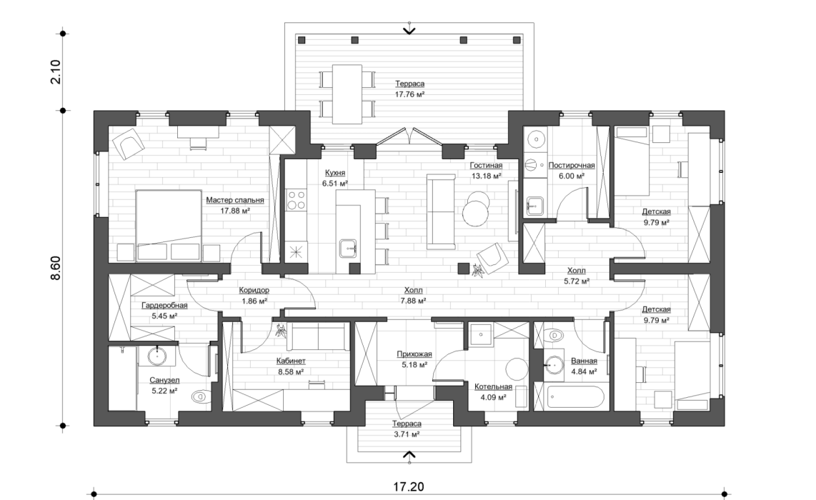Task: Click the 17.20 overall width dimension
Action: (407, 487)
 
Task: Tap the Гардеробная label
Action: (164, 305)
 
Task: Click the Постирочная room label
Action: (571, 165)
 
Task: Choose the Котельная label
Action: (493, 386)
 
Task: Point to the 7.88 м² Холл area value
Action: (413, 301)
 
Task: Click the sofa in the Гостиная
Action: (437, 211)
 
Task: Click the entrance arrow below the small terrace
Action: (409, 454)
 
